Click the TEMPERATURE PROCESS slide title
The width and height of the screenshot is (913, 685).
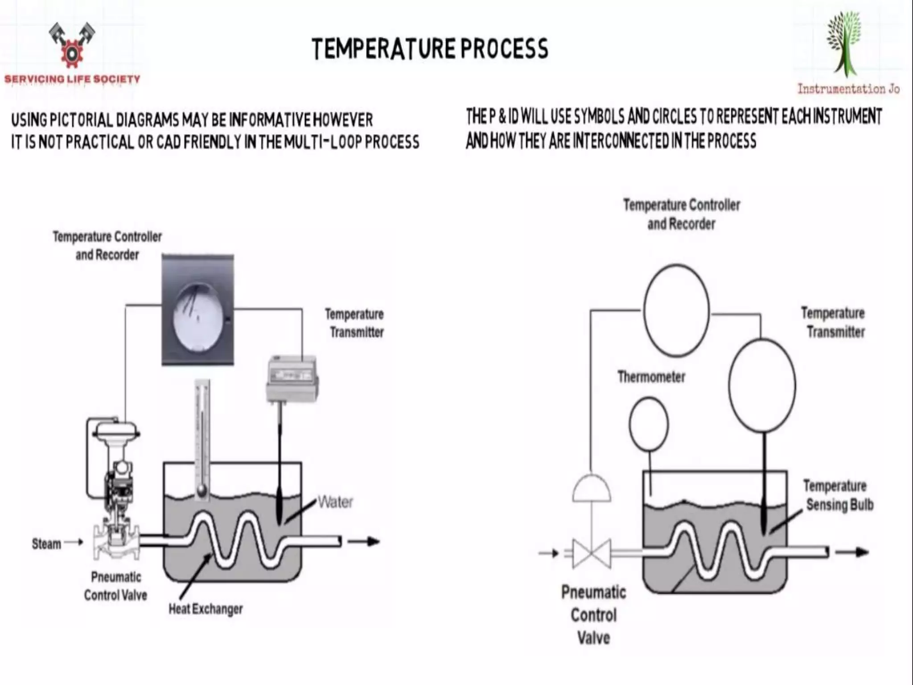430,49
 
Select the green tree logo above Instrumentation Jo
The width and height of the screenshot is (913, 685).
844,45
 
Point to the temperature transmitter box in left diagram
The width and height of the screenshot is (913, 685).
292,379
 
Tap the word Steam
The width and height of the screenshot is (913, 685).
46,544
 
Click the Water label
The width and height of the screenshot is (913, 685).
335,503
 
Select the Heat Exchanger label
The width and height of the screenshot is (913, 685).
206,609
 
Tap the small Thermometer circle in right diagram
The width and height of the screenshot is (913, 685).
649,424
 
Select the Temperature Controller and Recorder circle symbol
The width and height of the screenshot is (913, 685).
676,311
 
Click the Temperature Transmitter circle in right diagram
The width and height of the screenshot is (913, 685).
762,385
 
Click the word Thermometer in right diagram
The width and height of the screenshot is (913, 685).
651,377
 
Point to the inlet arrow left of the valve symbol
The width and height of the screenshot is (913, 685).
549,553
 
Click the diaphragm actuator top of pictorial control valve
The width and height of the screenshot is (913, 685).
116,430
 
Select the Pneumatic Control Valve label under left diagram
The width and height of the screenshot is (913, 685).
116,586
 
